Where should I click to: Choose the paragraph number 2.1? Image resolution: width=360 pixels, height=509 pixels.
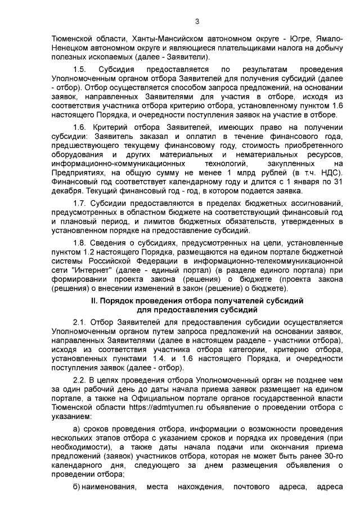[x=81, y=322]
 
